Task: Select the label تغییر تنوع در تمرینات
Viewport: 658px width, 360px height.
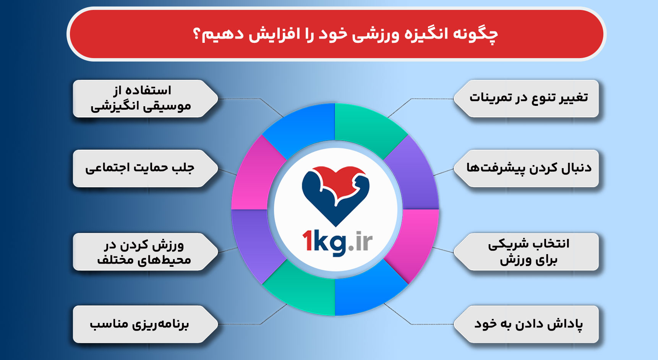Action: (528, 98)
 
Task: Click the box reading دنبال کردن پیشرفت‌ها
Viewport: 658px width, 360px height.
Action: (528, 168)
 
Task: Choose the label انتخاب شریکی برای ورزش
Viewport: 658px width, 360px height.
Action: (528, 251)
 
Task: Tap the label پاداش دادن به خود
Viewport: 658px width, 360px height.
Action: (528, 324)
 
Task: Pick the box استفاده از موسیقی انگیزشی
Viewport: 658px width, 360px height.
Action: (141, 98)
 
